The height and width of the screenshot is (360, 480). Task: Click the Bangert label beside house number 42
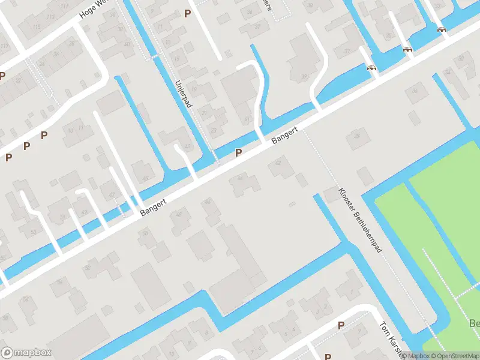coord(284,135)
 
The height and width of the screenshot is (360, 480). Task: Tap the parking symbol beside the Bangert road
coord(238,153)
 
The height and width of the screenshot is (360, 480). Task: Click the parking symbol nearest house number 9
coord(188,13)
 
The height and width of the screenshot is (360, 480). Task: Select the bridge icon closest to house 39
coord(372,67)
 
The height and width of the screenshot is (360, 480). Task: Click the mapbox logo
coord(26,353)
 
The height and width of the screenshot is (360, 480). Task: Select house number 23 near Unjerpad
coord(214,130)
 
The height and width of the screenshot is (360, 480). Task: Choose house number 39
coord(304,75)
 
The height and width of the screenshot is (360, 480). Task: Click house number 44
coord(241,177)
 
